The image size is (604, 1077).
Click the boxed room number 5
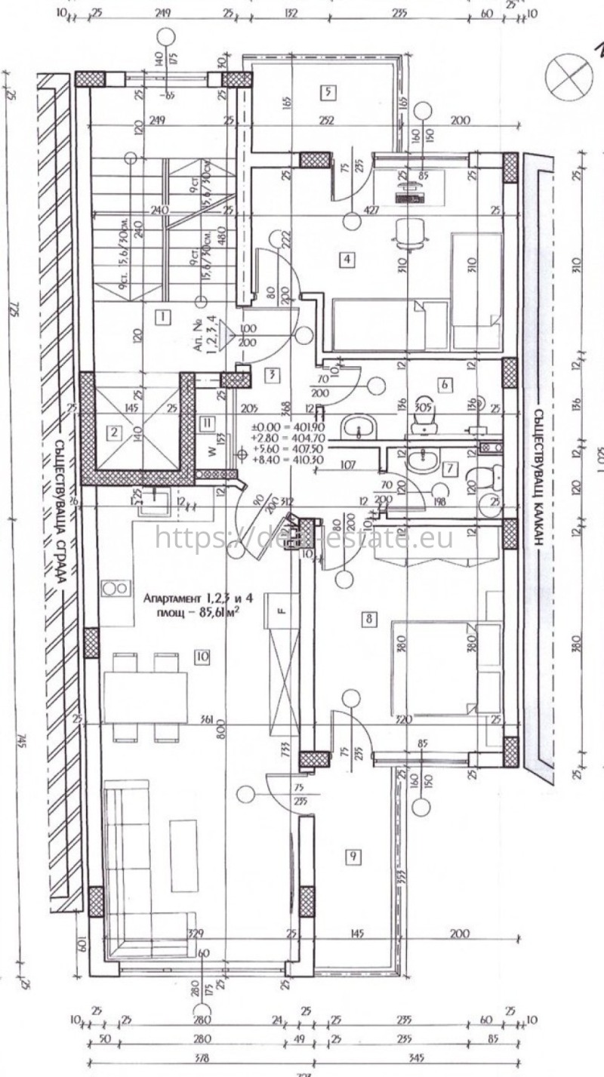pos(328,93)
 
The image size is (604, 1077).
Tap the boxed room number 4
pos(347,260)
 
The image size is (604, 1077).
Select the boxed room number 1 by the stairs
pos(162,317)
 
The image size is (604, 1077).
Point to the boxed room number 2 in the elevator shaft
pos(114,432)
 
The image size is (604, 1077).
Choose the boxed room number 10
pos(201,657)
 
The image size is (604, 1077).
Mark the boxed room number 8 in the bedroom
pos(369,620)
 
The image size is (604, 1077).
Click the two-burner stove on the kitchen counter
pos(115,587)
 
